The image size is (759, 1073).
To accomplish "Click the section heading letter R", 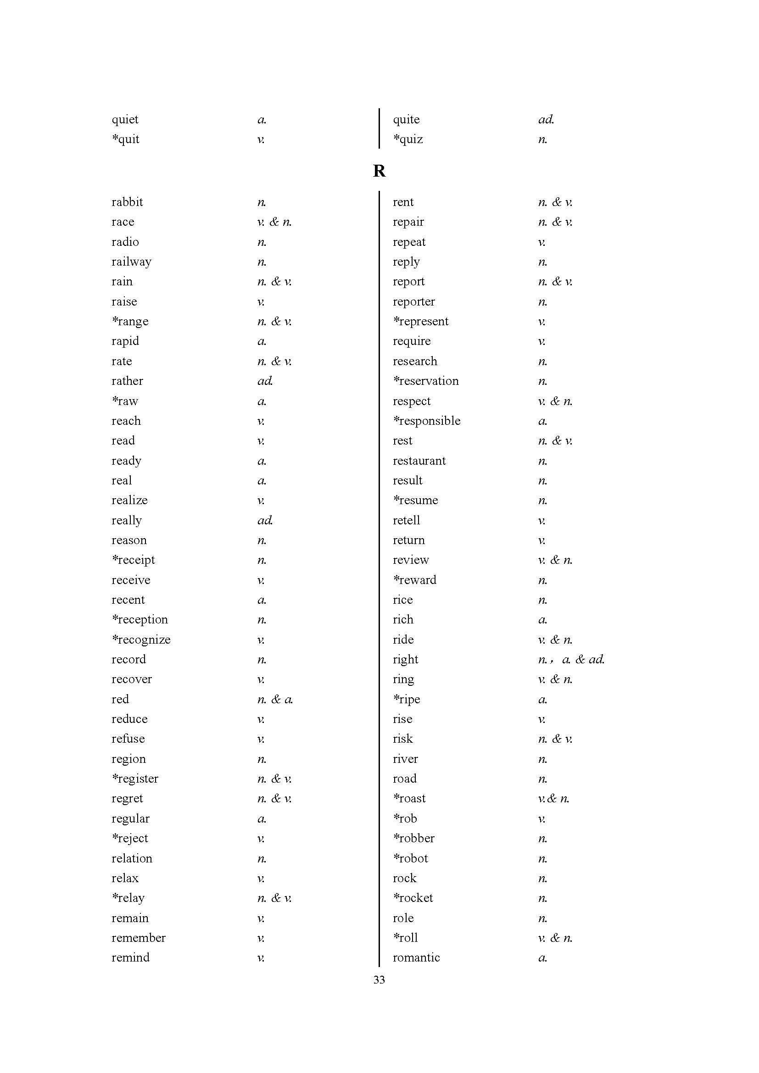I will [379, 171].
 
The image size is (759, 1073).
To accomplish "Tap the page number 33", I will [379, 979].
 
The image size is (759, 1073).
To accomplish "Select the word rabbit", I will [127, 202].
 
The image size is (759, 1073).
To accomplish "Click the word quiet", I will [125, 120].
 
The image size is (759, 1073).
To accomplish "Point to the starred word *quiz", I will [408, 139].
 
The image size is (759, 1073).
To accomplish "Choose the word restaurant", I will [419, 461].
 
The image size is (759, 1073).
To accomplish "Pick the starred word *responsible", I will [427, 421].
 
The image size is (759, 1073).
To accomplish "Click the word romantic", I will [416, 957].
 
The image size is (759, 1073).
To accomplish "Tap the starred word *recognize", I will [141, 640].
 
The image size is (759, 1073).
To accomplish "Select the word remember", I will [138, 938].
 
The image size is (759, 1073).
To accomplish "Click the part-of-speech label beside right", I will [571, 659].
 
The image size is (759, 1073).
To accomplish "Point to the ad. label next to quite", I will [546, 120].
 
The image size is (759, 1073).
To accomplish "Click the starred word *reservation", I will [426, 381].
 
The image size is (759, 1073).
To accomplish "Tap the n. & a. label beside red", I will [275, 699].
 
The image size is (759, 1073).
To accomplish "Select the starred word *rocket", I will [413, 898].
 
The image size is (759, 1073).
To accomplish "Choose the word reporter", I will [413, 302].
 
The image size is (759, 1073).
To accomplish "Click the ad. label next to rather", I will [265, 381].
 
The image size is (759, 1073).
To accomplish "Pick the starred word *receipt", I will [133, 560].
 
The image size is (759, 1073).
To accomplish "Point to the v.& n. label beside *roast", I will [553, 799].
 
